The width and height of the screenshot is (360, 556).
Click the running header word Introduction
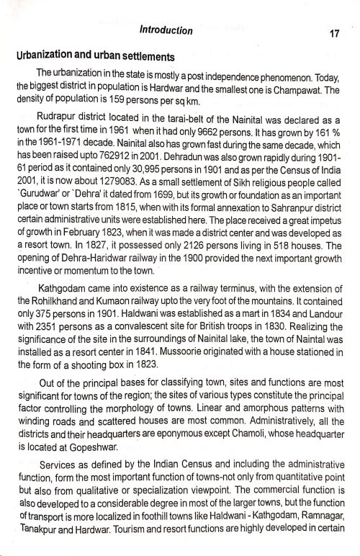[166, 30]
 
